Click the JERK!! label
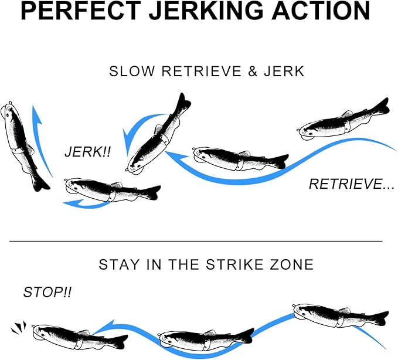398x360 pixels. (x=88, y=152)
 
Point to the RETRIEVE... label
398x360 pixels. (x=352, y=184)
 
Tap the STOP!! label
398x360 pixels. (x=47, y=292)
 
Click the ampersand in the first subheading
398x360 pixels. (x=253, y=71)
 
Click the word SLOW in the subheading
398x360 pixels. (x=132, y=71)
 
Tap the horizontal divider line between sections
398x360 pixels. (x=196, y=241)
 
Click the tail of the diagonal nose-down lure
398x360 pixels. (x=183, y=101)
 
